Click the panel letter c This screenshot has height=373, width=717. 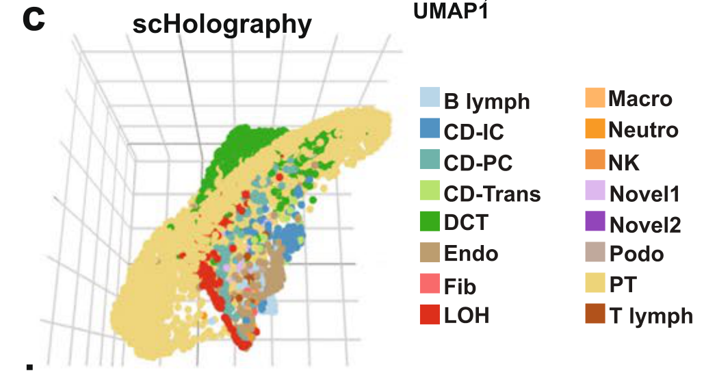33,20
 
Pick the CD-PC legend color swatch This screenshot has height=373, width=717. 429,162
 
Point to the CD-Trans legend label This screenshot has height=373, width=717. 492,194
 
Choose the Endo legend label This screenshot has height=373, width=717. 471,254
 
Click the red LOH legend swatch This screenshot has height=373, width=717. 429,314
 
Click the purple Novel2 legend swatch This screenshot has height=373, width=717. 595,223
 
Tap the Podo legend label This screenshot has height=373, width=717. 636,254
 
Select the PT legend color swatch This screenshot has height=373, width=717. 595,283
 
